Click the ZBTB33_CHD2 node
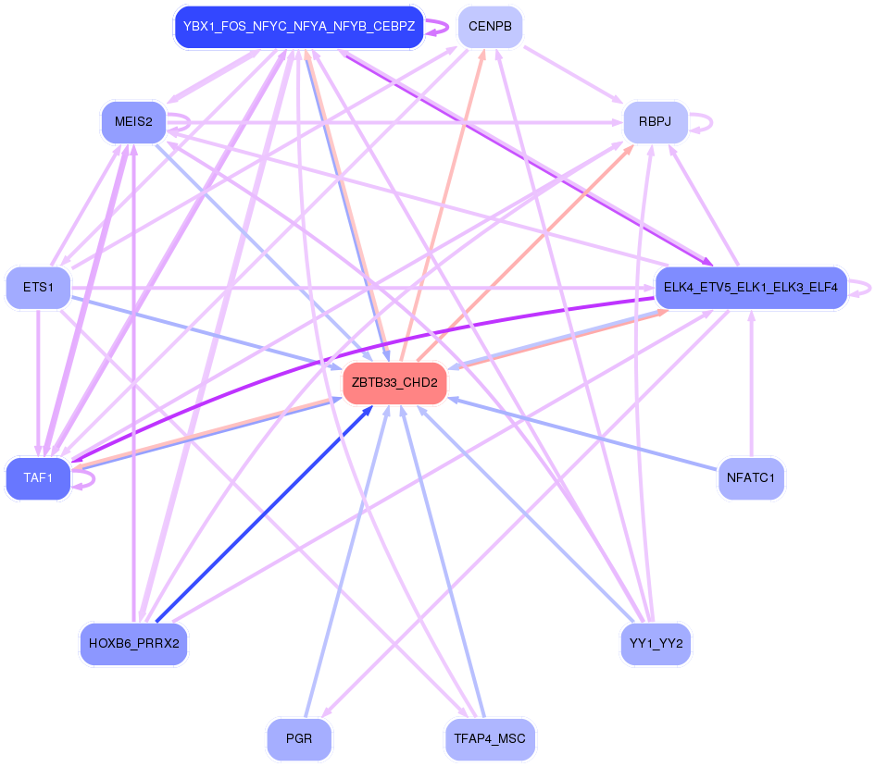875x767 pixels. click(x=394, y=383)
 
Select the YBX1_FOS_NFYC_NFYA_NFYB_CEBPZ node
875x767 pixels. click(x=299, y=27)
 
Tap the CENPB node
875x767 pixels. click(x=490, y=27)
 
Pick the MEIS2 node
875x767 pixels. click(x=133, y=122)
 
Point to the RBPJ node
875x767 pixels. click(x=655, y=122)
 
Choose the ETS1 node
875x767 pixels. click(x=38, y=288)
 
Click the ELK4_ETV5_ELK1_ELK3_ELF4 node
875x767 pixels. click(x=750, y=288)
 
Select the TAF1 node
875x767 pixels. click(x=38, y=478)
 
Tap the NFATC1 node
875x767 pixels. click(x=751, y=478)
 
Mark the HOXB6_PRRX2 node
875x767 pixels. click(x=133, y=643)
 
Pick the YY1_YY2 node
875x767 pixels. click(x=655, y=643)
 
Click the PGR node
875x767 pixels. click(x=299, y=739)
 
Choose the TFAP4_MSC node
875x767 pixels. click(x=490, y=739)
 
